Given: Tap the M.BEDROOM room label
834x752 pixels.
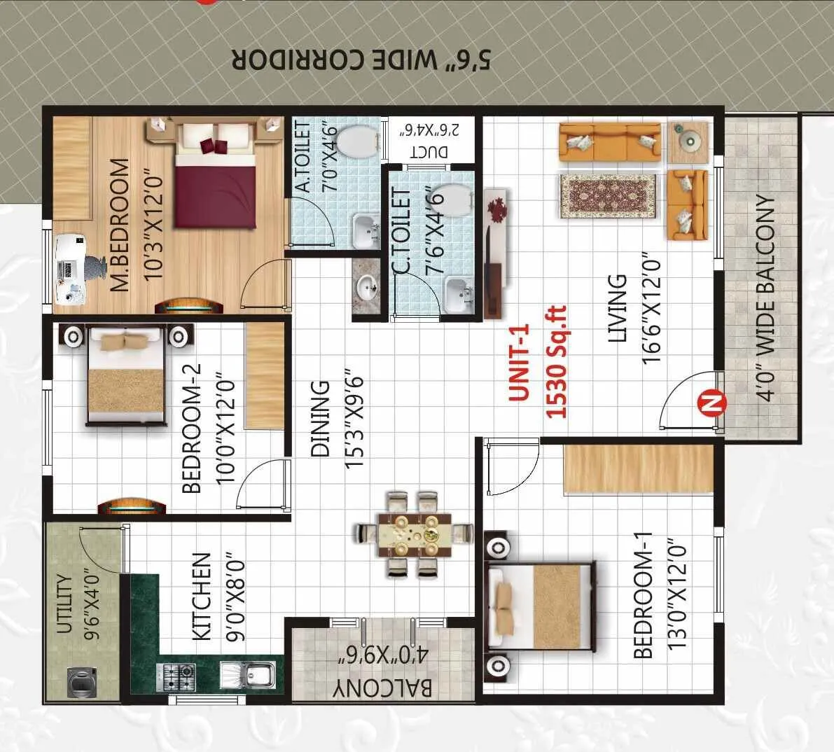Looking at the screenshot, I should [x=120, y=224].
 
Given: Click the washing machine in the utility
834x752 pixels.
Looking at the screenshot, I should [x=82, y=682].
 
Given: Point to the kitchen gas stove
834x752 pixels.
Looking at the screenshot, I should [x=179, y=676].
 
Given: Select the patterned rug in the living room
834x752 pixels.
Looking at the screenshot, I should [x=608, y=196].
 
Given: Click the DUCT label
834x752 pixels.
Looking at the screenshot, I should [x=429, y=151].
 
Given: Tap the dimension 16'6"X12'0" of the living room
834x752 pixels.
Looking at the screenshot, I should [x=652, y=309].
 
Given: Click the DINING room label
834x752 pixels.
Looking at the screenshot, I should [x=320, y=418].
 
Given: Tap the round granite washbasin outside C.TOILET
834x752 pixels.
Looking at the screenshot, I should [x=364, y=288].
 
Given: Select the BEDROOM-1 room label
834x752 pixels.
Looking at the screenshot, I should [x=643, y=595].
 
